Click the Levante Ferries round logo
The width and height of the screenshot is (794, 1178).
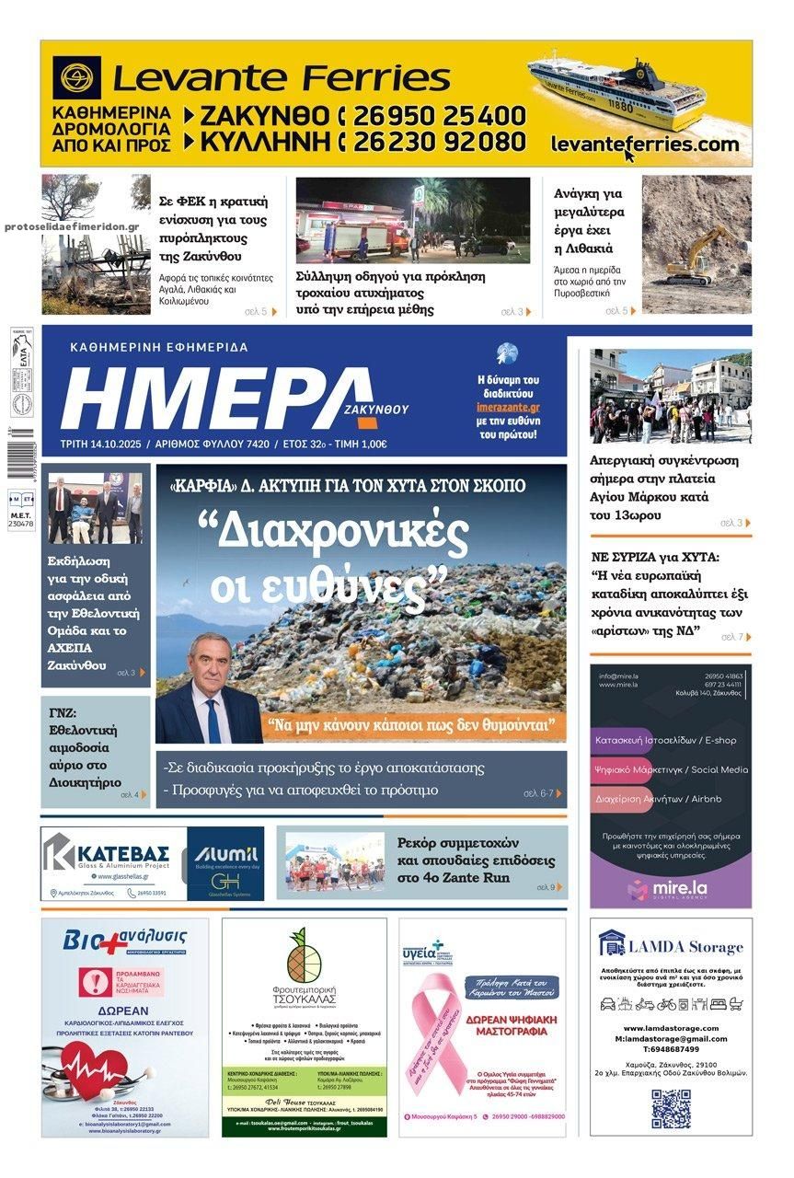[x=77, y=78]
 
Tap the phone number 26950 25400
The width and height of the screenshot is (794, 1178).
[x=439, y=116]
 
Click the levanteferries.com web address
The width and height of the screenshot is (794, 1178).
[x=644, y=144]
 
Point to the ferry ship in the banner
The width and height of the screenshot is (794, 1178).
[x=616, y=91]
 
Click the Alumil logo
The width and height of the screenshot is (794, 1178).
[x=225, y=855]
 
